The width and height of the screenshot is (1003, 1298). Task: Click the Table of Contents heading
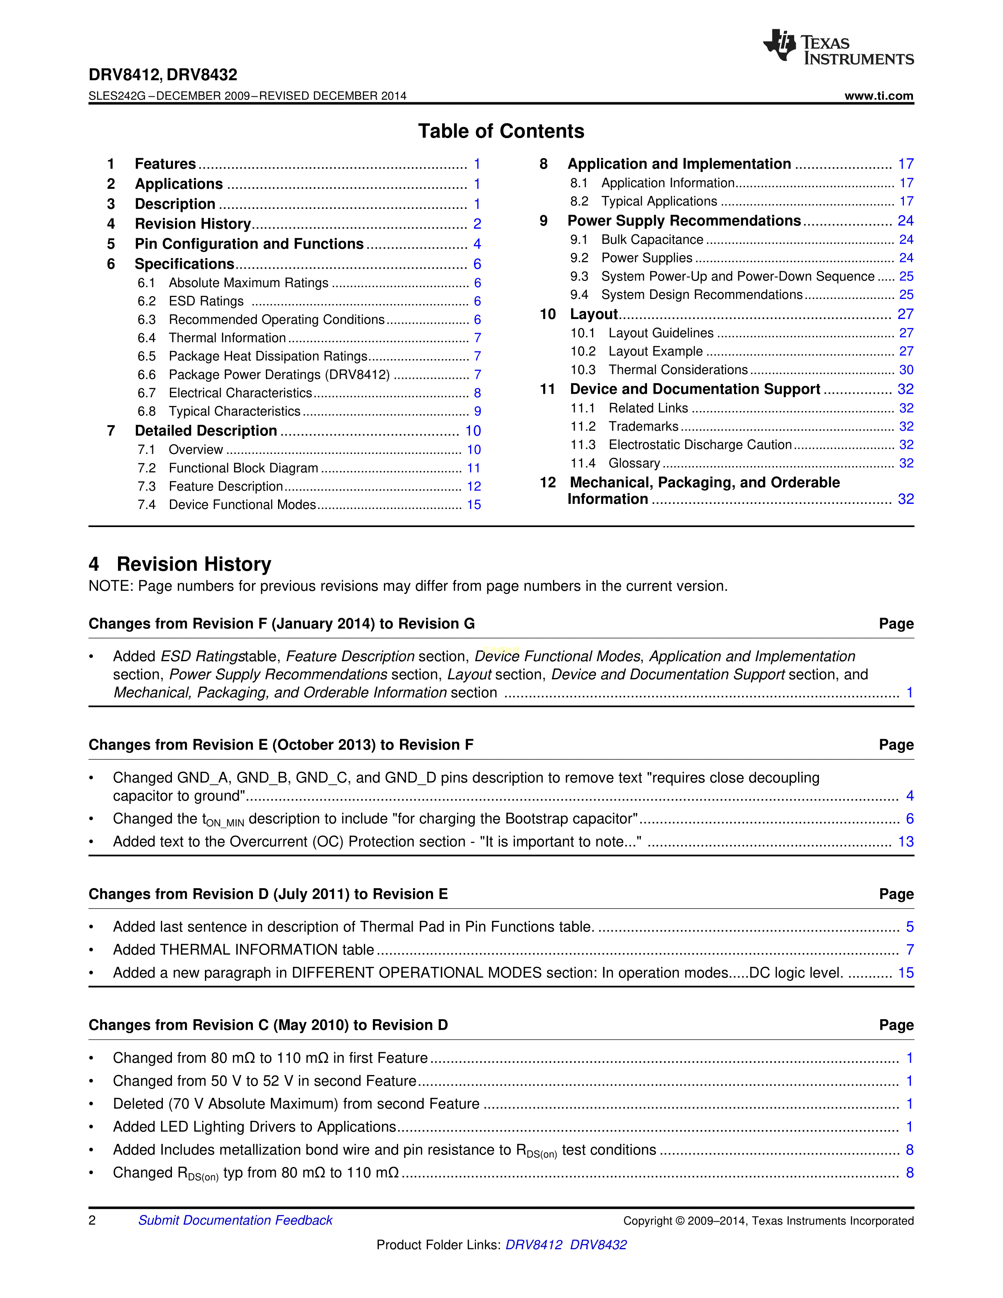(501, 131)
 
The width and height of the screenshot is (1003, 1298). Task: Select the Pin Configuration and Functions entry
(249, 244)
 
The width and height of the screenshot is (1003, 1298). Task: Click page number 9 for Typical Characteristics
(477, 411)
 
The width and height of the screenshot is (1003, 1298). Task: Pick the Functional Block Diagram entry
(243, 468)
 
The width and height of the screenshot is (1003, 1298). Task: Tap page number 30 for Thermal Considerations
(905, 370)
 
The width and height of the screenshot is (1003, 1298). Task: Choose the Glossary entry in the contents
(634, 463)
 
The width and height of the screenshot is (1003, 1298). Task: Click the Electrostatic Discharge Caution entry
(700, 444)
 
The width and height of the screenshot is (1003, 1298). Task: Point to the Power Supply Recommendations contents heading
(684, 221)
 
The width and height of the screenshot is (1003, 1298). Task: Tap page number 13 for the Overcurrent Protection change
(905, 842)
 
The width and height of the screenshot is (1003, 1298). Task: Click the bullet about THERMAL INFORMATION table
(243, 950)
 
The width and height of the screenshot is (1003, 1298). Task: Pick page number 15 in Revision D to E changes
(905, 973)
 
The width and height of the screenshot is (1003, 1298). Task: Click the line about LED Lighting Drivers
(254, 1127)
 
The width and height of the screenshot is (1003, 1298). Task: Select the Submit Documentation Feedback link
(235, 1220)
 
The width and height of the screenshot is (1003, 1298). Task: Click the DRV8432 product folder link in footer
(598, 1245)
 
